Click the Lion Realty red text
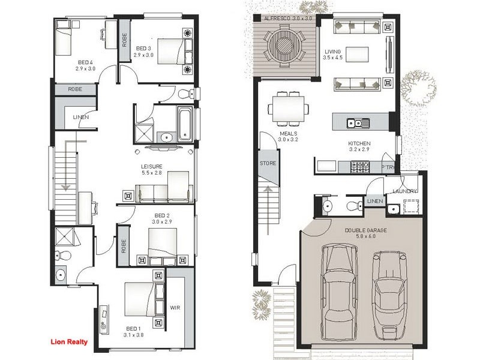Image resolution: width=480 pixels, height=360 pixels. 68,343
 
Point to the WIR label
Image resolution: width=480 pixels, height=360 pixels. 175,307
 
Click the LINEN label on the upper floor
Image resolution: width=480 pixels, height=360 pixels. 81,117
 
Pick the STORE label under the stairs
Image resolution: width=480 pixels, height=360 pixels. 268,163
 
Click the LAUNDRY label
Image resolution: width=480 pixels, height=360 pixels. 405,191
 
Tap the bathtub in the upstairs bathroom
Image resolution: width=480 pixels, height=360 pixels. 185,124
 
